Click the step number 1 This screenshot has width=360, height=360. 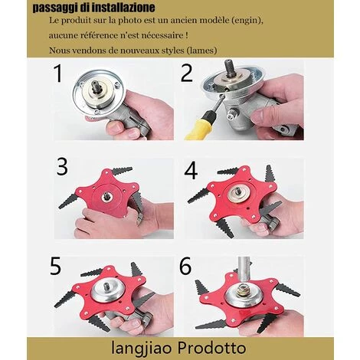pos(58,74)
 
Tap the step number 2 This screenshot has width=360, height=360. pos(187,73)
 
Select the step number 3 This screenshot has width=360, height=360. pos(62,166)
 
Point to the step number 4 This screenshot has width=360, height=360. pos(191,171)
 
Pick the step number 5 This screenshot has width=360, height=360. pos(56,266)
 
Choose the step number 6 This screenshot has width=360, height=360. pos(185,266)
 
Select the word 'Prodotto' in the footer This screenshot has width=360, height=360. pos(211,348)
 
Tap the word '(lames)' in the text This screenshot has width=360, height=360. pos(201,51)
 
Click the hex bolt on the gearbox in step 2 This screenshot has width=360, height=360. pos(231,114)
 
